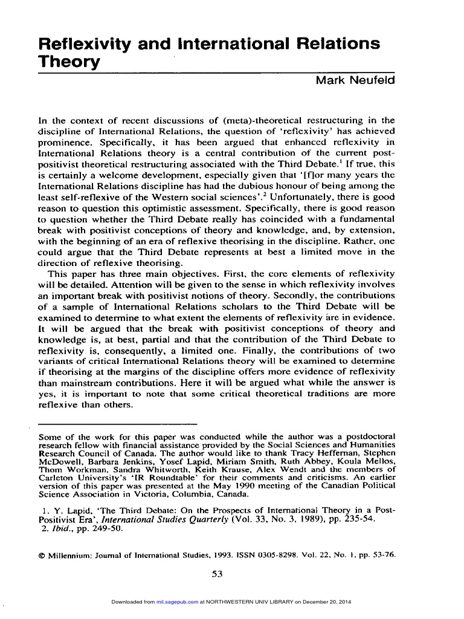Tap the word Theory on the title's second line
(x=68, y=62)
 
